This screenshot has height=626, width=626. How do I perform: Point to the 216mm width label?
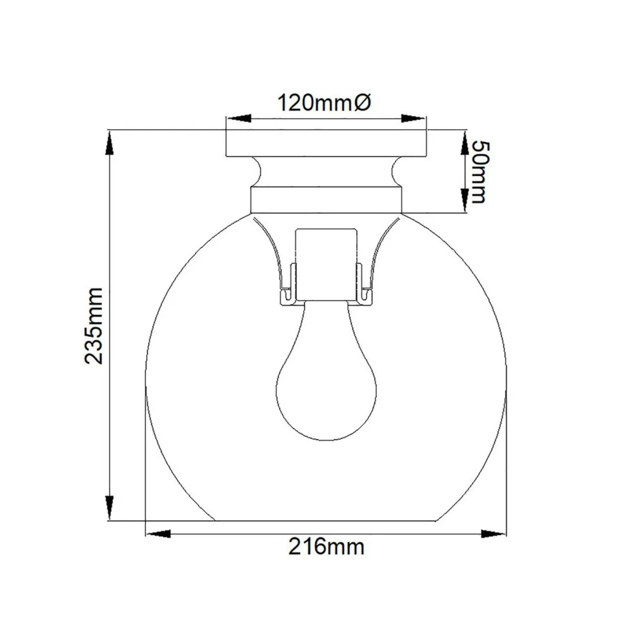(326, 547)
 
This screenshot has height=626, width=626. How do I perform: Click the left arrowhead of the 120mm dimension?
(237, 119)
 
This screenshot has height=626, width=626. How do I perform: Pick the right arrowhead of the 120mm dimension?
(413, 119)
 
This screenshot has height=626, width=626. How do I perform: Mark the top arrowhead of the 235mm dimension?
(110, 143)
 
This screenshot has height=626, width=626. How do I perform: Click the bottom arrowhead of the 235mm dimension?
(110, 507)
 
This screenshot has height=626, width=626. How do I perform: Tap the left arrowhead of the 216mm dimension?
(159, 533)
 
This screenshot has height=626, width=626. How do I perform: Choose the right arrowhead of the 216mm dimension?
(493, 533)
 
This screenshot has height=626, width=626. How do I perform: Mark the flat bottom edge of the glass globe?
(326, 520)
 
